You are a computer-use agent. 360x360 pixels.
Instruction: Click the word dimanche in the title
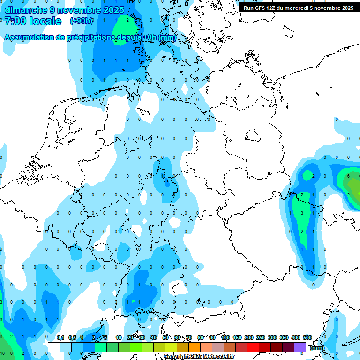point(26,10)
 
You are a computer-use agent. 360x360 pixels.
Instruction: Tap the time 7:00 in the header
point(16,21)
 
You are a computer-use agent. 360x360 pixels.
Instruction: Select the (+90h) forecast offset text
point(82,21)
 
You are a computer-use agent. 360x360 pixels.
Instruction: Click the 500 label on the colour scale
point(307,338)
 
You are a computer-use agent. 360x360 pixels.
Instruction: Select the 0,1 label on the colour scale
point(60,338)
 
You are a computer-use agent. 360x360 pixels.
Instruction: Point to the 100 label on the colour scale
point(225,338)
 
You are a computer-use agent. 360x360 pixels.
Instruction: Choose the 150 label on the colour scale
point(237,338)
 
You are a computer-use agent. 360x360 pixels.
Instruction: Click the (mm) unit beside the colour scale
point(317,348)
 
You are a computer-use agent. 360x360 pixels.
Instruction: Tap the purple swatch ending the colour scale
point(300,347)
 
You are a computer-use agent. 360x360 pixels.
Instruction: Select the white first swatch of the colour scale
point(53,347)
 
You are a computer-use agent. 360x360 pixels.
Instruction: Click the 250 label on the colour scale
point(261,338)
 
